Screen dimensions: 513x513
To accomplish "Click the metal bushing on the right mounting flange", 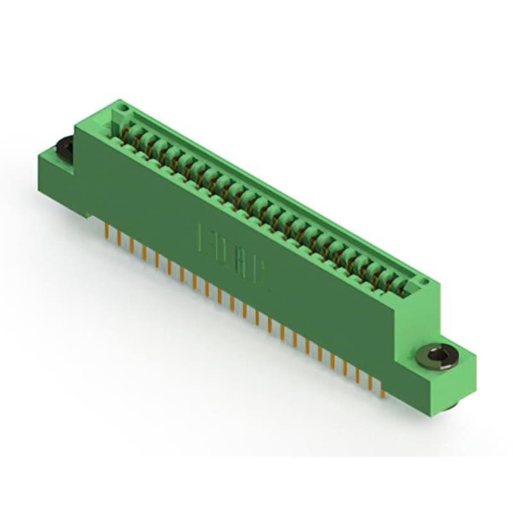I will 437,357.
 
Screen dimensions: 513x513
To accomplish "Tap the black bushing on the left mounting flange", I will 65,147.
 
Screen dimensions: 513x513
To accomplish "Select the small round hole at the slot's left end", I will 124,108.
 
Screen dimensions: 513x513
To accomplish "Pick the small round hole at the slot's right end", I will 423,282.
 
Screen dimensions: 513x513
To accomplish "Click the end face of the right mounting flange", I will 465,385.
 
